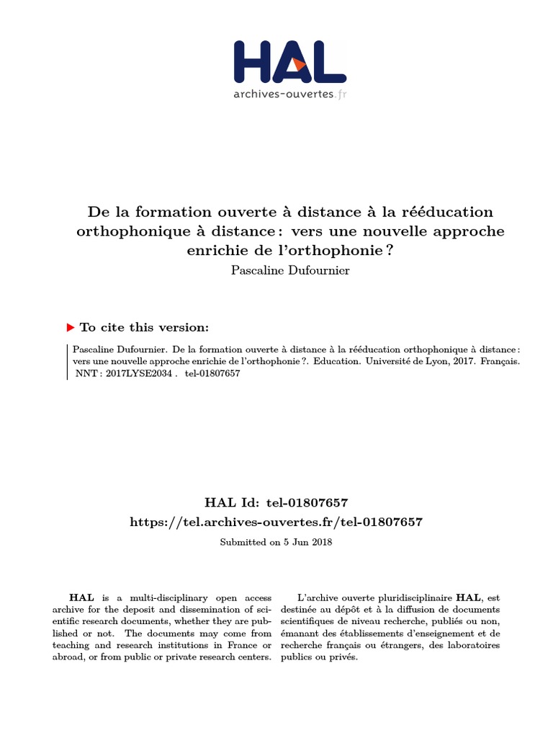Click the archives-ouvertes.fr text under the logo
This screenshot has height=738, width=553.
tap(290, 94)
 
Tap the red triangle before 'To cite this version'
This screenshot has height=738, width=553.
tap(71, 327)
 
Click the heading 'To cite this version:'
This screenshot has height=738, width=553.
tap(145, 327)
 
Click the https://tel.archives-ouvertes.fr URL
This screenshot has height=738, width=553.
tap(276, 522)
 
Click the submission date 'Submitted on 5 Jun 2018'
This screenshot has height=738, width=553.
tap(276, 542)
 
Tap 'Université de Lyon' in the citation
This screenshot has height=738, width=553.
tap(414, 362)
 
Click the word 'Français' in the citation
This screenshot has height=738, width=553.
tap(495, 362)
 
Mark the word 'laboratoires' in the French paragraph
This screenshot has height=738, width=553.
tap(472, 645)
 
